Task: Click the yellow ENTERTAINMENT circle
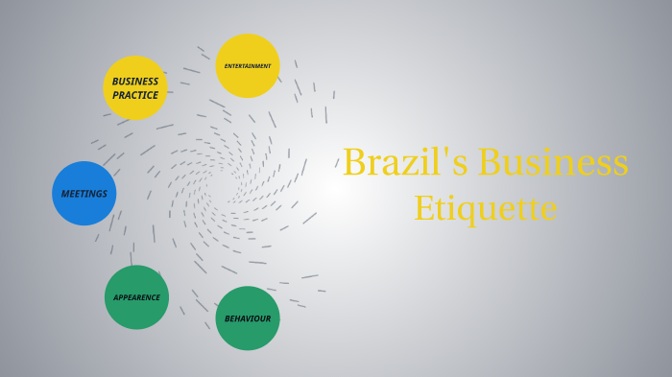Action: pos(248,66)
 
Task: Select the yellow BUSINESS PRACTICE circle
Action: pos(135,87)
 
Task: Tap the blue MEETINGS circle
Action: pos(84,193)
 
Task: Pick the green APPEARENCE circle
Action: pos(136,297)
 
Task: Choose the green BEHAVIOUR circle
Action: pos(248,318)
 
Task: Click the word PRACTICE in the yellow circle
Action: pos(135,95)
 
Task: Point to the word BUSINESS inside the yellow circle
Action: pos(135,82)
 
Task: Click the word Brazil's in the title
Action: pos(405,162)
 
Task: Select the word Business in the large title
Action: pos(553,162)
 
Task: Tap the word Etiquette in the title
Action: pos(485,208)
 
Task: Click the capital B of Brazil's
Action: pos(355,163)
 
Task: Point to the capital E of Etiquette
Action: pos(423,208)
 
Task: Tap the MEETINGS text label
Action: pos(84,194)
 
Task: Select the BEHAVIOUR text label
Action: pos(248,318)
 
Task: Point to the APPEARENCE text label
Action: pos(136,297)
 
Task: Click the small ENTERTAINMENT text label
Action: pos(248,66)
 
